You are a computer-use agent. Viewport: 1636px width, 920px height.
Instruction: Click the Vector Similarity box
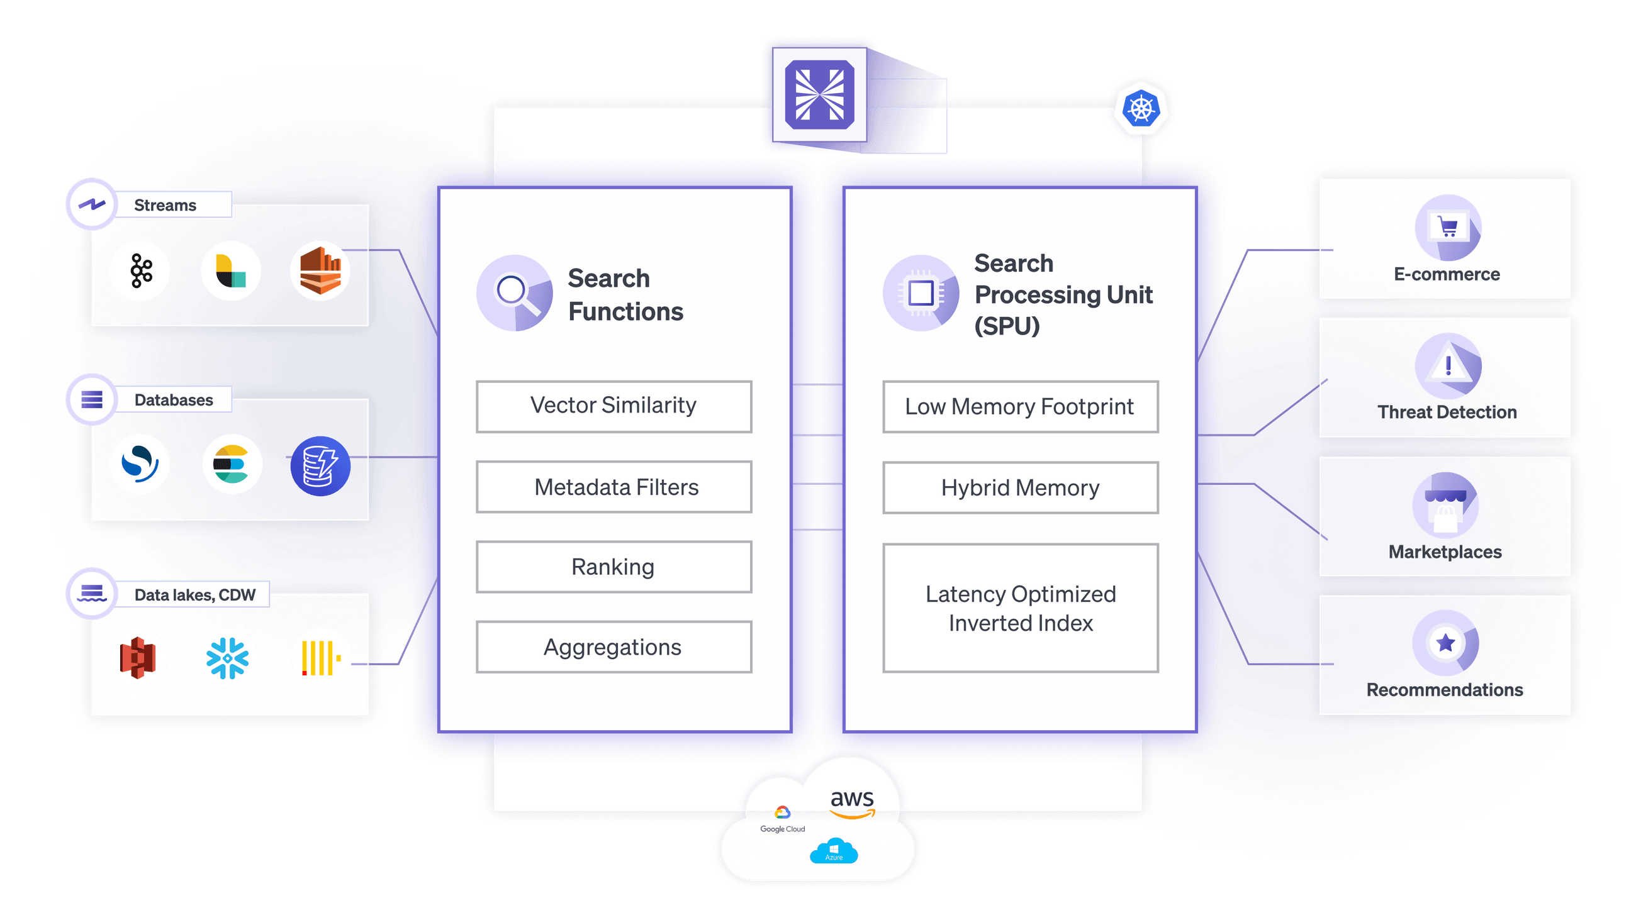tap(613, 406)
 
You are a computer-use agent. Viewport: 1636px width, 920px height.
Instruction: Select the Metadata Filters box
tap(613, 487)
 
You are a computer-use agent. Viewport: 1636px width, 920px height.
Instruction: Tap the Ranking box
tap(613, 567)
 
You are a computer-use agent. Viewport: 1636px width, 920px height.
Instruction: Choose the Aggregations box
tap(613, 647)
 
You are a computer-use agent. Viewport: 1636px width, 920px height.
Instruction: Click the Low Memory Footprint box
tap(1020, 407)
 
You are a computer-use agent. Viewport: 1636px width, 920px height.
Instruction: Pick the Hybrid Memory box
tap(1020, 487)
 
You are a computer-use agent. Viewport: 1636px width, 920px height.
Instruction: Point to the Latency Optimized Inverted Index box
tap(1020, 608)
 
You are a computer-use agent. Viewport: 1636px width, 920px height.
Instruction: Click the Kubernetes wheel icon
tap(1141, 109)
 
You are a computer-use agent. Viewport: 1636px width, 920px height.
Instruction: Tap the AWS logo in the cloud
tap(851, 803)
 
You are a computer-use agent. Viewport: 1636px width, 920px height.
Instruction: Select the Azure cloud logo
tap(833, 851)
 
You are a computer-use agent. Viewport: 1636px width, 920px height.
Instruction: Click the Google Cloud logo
tap(782, 819)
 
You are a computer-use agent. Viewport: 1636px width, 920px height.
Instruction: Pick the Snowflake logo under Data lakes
tap(227, 658)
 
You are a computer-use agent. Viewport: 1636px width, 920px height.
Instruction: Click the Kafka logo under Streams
tap(141, 271)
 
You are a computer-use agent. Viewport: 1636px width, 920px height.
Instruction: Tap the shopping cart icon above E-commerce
tap(1447, 226)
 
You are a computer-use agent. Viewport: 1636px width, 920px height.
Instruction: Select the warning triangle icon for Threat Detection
tap(1447, 366)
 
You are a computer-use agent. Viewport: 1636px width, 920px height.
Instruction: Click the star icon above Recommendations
tap(1445, 643)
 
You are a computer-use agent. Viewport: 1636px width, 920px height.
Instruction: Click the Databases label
tap(174, 400)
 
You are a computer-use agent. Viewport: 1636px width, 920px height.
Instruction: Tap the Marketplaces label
tap(1445, 551)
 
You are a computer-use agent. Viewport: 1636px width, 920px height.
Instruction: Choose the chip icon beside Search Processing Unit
tap(921, 293)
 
